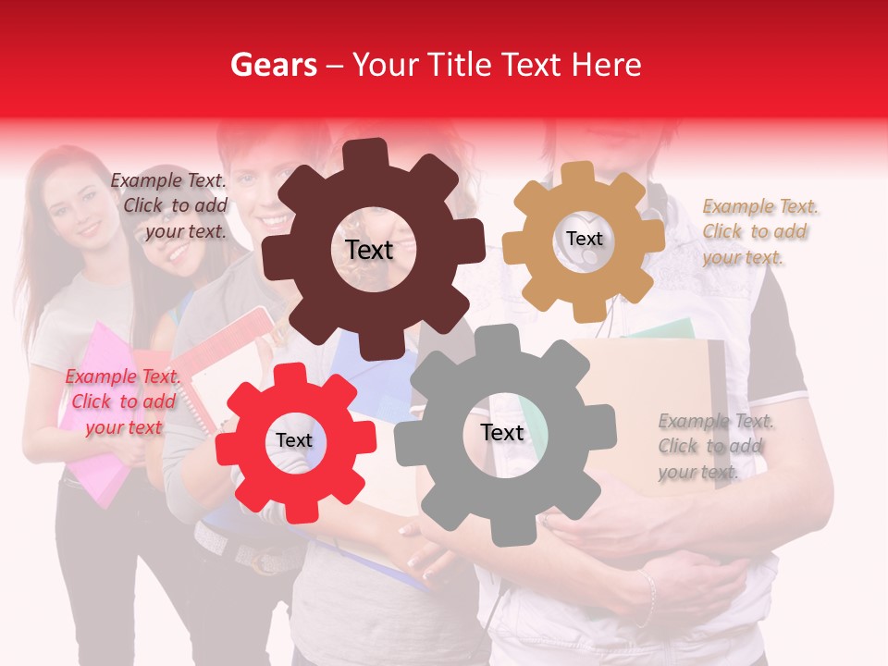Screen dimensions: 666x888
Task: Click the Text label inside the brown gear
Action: coord(369,250)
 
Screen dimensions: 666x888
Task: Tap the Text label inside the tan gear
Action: coord(584,239)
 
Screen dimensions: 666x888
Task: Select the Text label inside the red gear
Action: coord(294,441)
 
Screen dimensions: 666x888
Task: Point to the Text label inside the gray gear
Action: coord(501,433)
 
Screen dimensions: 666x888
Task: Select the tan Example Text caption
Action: coord(758,232)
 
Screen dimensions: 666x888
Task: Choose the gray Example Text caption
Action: coord(714,447)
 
